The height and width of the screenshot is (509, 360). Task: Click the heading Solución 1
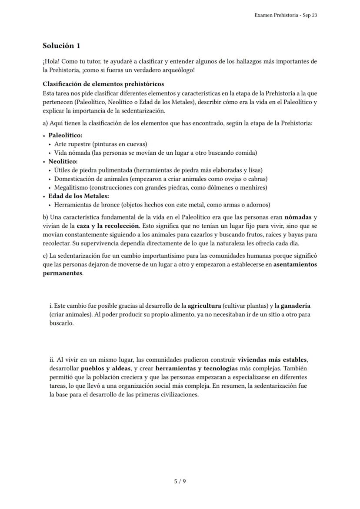[61, 46]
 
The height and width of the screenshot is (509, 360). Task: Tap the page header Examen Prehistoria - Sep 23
[285, 15]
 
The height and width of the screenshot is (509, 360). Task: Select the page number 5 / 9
[180, 481]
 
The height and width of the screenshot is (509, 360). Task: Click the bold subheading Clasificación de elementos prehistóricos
[103, 84]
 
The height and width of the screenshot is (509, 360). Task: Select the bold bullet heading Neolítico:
[63, 161]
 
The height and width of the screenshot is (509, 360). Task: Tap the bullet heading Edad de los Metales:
[78, 196]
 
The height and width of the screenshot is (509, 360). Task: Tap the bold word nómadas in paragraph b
[298, 217]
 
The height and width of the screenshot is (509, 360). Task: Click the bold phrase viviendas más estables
[272, 360]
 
